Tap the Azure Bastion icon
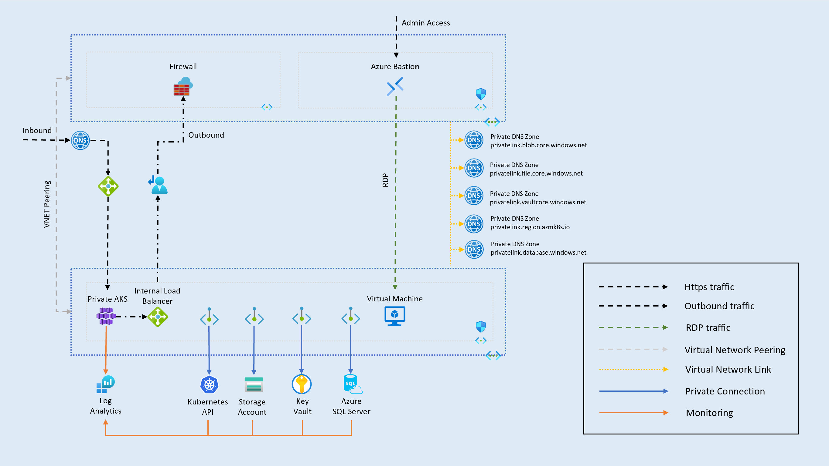(395, 86)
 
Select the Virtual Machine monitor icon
(394, 316)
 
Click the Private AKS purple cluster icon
(106, 316)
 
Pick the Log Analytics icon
(105, 384)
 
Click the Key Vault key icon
(302, 384)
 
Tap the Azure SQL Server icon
(352, 384)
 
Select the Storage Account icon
(254, 384)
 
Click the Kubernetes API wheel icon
(209, 384)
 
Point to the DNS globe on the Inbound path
(80, 140)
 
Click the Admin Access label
(425, 23)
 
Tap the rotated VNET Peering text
(47, 204)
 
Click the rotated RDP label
(385, 180)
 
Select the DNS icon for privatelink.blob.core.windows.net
(473, 140)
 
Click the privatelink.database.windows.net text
(538, 253)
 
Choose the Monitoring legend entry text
(709, 413)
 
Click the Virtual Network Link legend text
(728, 369)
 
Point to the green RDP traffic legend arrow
(633, 327)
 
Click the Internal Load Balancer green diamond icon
(158, 317)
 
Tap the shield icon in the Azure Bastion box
(480, 94)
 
